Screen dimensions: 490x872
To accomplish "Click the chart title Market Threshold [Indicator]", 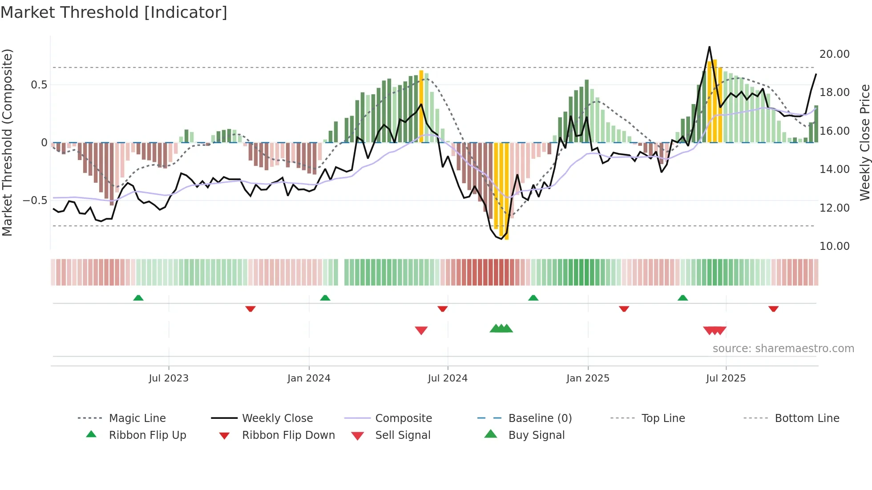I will (114, 12).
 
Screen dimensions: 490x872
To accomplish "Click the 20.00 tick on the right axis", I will (834, 54).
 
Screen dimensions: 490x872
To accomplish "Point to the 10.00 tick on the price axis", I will (834, 246).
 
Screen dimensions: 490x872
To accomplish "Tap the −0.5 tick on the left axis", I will (35, 201).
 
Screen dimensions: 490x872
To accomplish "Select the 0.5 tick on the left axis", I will (39, 85).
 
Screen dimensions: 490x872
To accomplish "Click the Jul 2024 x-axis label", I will (448, 378).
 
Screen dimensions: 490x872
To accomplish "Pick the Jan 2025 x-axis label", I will (588, 378).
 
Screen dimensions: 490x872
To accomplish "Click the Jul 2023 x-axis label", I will (169, 378).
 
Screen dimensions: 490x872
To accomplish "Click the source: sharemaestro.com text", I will (783, 349).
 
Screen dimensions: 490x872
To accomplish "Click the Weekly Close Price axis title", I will (864, 142).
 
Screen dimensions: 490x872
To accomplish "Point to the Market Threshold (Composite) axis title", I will (7, 142).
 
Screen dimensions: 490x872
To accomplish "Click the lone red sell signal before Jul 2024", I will (421, 330).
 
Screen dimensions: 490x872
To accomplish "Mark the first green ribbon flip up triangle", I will (138, 298).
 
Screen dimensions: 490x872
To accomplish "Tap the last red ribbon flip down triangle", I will (773, 309).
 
